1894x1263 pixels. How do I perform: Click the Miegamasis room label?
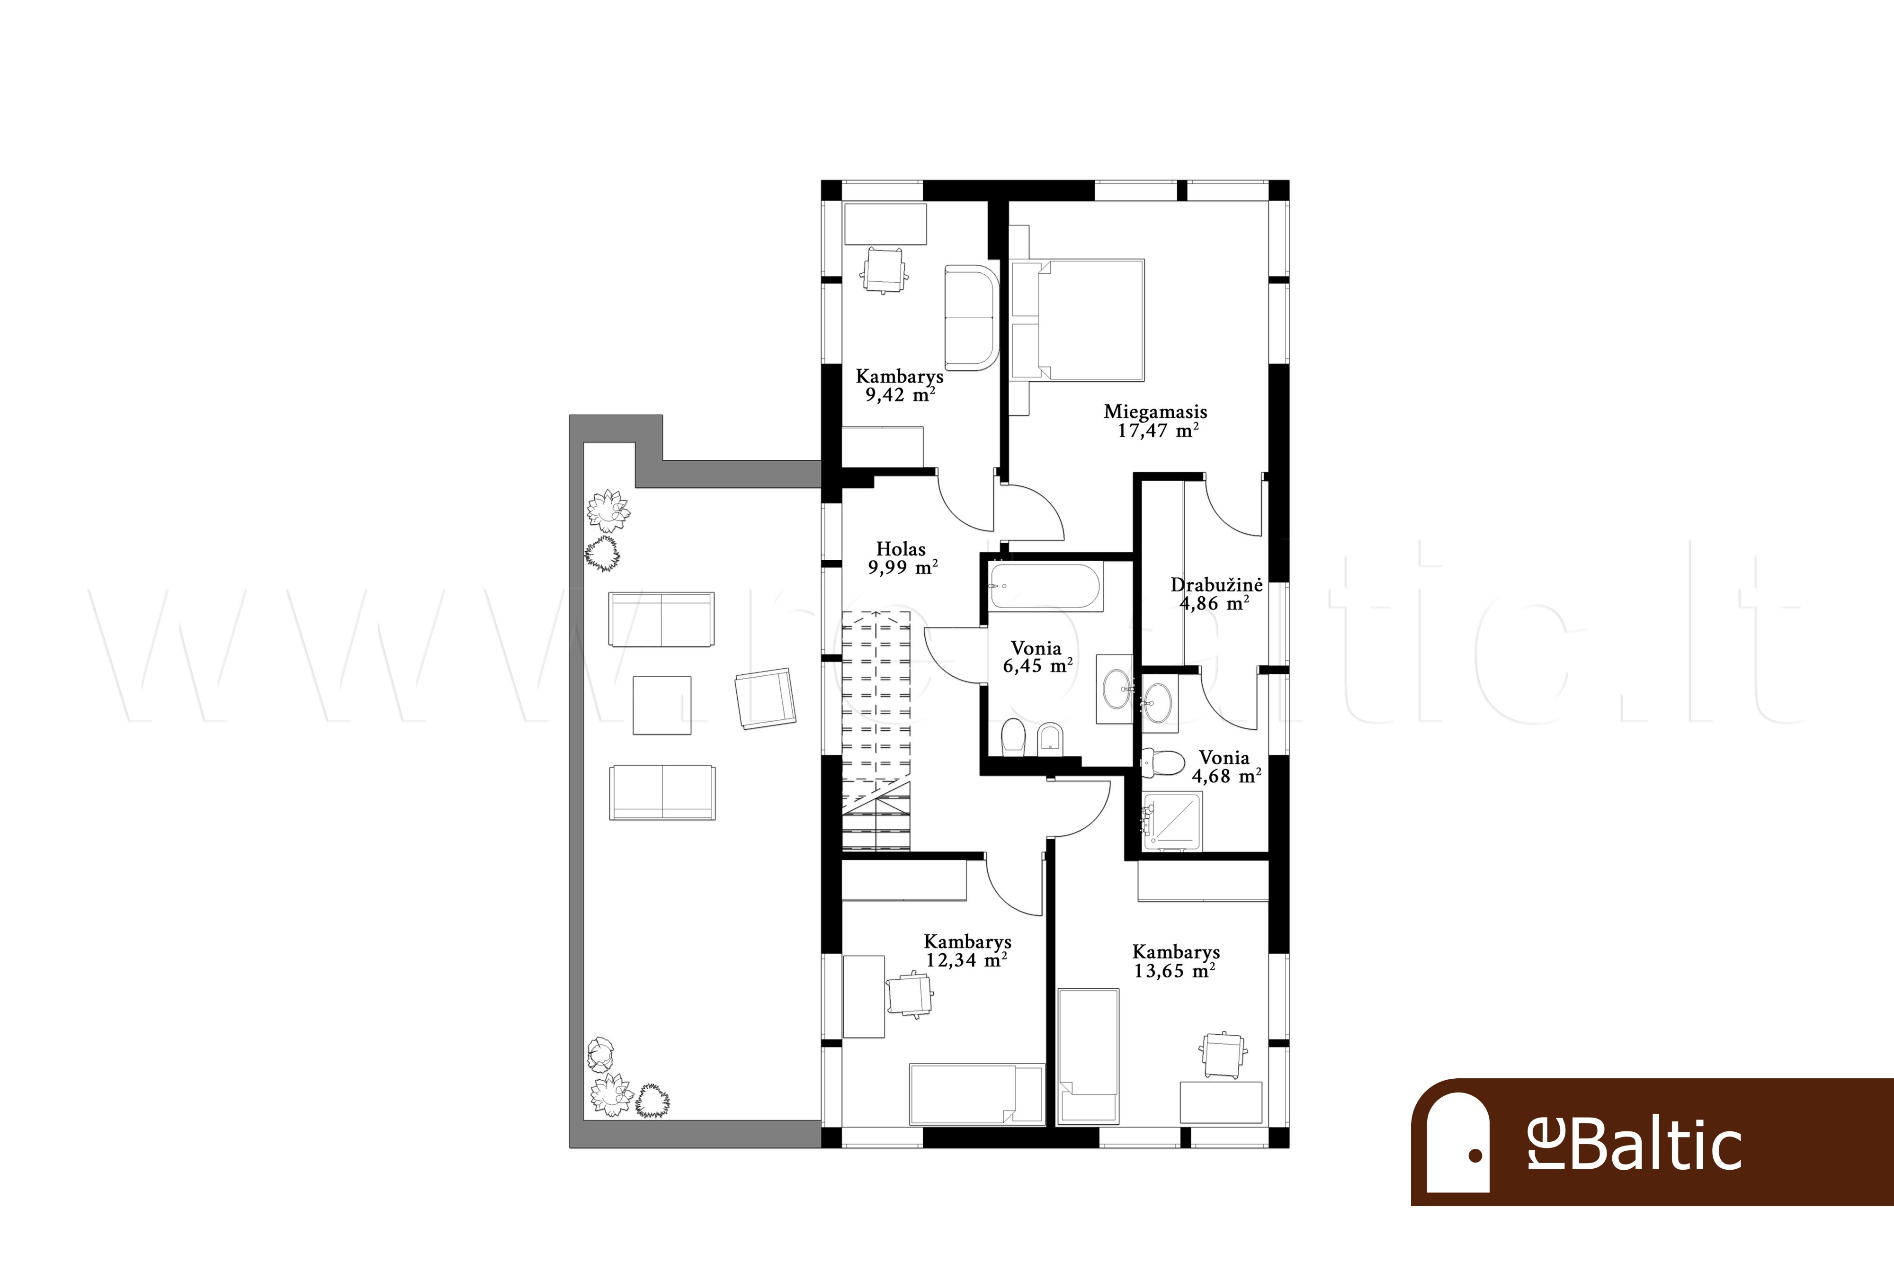1155,412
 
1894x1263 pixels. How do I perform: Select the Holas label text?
901,549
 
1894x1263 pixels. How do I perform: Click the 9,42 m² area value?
900,394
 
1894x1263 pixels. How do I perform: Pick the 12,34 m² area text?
967,960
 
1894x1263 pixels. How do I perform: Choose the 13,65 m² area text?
1175,971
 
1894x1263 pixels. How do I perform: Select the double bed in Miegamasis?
1090,319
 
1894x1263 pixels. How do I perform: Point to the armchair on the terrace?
765,699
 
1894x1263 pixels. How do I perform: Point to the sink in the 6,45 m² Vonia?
1115,690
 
